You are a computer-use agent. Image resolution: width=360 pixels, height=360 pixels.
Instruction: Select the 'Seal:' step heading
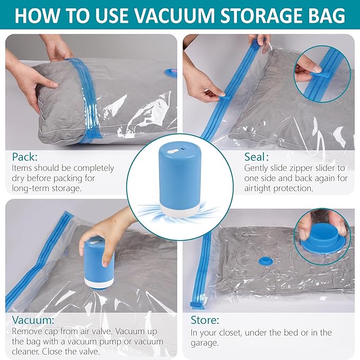coord(256,156)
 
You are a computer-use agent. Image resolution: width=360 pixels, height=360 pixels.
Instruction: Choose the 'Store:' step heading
coord(205,320)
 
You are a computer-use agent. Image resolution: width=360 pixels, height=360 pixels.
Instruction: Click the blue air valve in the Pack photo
coord(171,73)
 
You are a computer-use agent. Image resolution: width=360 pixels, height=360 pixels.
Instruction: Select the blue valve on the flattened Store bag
coord(265,260)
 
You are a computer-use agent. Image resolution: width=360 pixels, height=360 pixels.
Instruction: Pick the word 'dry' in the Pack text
coord(17,178)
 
